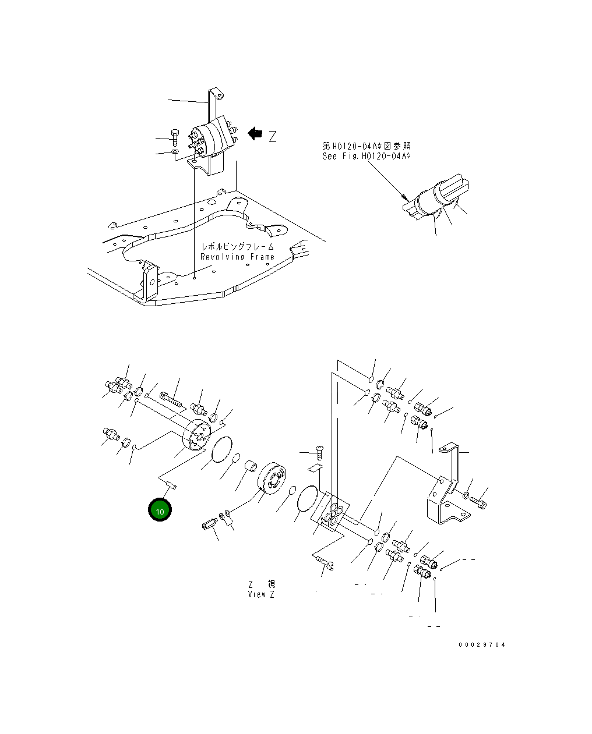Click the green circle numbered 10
(x=160, y=510)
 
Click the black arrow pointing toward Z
(x=255, y=134)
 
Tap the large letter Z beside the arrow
(x=272, y=137)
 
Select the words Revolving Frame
(x=237, y=257)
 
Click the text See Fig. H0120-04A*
(x=367, y=156)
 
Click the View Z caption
(x=260, y=594)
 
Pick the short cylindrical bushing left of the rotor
(x=251, y=467)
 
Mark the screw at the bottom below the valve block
(x=323, y=562)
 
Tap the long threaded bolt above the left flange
(x=170, y=400)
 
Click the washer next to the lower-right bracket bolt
(x=466, y=495)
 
